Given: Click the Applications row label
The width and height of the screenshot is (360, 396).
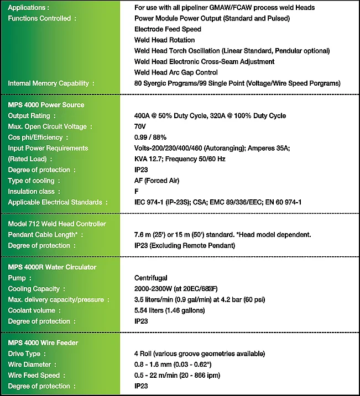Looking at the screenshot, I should point(28,8).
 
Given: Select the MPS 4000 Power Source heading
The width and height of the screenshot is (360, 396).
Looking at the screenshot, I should point(46,105).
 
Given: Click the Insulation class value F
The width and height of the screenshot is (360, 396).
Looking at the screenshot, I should point(137,191).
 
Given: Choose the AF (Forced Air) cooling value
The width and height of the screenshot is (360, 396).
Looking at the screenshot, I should point(156,181).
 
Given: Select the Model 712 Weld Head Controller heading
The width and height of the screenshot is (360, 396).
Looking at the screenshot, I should point(56,224).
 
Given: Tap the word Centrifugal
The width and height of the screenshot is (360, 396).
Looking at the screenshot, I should point(150,278).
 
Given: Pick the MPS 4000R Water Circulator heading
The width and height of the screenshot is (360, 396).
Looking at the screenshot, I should point(52,267).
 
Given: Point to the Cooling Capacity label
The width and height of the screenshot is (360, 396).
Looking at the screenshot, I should point(36,289).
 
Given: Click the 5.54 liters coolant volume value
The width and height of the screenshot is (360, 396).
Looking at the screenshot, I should point(169,310).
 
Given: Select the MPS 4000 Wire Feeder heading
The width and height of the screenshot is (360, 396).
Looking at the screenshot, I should point(43,343).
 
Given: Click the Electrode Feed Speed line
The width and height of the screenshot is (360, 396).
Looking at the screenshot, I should point(168,29).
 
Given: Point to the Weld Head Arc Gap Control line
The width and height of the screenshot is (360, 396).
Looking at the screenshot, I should point(176,72).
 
